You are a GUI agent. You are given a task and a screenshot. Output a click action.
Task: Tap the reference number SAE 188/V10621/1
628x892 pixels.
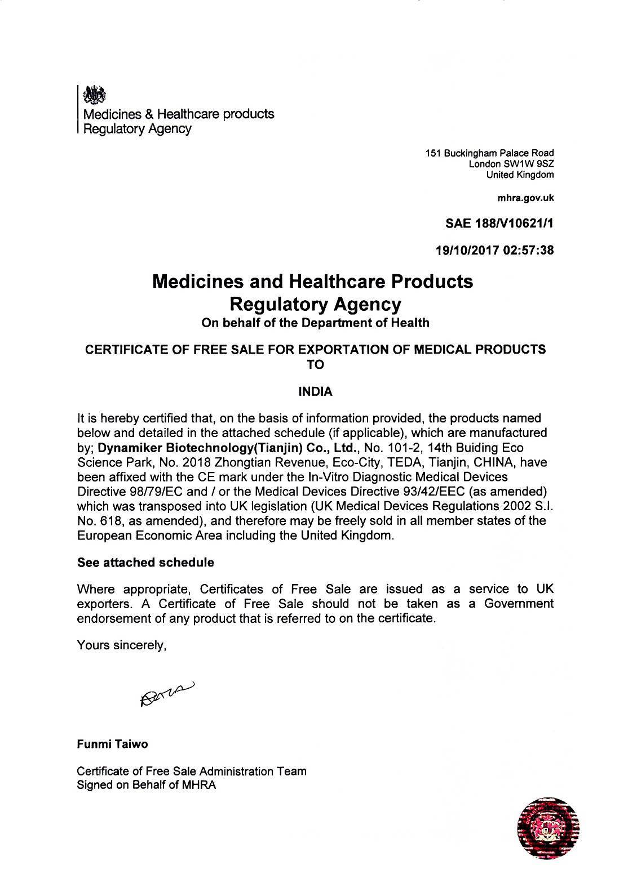(x=499, y=224)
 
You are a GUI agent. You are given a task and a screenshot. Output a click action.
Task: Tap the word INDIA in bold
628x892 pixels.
(x=315, y=392)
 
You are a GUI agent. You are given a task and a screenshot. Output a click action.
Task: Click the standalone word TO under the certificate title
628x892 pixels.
(x=315, y=364)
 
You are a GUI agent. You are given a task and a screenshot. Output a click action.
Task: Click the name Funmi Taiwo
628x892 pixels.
(x=112, y=744)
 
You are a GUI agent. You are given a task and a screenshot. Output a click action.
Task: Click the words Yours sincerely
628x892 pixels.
(x=121, y=645)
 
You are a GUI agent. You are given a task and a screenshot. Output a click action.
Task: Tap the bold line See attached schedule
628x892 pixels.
(x=145, y=562)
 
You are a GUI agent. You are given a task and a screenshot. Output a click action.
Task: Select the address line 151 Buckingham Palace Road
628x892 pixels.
(x=489, y=153)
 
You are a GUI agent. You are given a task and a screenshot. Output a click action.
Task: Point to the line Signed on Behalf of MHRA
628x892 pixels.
(x=147, y=785)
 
